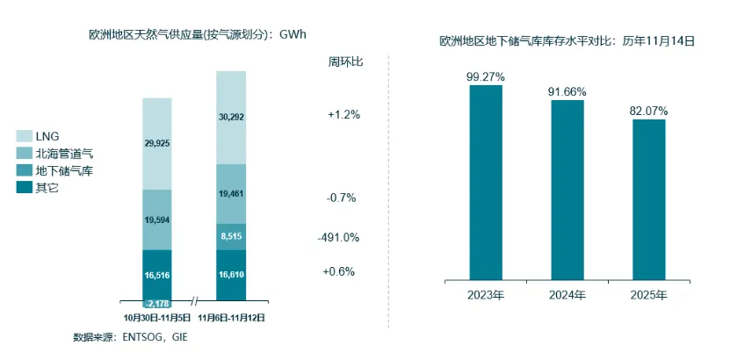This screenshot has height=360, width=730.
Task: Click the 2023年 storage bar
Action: [x=486, y=183]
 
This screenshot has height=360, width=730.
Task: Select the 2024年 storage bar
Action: [x=567, y=190]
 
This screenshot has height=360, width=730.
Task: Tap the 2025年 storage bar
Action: [x=649, y=200]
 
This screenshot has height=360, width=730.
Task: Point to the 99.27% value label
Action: [x=486, y=76]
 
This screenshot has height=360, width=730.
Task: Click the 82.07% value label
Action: [x=649, y=112]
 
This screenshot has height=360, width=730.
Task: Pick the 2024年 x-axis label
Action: [x=567, y=295]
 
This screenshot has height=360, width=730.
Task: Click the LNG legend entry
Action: [x=47, y=135]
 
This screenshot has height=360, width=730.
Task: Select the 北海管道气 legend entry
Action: [x=62, y=154]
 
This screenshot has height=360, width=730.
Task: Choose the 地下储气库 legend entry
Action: [x=62, y=170]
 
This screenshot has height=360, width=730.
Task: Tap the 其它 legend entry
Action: [x=47, y=188]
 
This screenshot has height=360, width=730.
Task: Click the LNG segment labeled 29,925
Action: [x=157, y=143]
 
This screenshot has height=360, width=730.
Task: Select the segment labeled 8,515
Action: [x=231, y=236]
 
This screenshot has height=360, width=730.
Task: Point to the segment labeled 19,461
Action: [x=231, y=194]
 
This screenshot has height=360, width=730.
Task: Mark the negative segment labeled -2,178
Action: [x=157, y=303]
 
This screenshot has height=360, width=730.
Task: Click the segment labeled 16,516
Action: [x=157, y=274]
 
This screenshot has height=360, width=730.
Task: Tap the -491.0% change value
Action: [x=339, y=237]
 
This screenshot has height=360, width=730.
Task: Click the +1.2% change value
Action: [x=343, y=115]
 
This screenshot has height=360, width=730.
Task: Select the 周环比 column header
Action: [x=344, y=62]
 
